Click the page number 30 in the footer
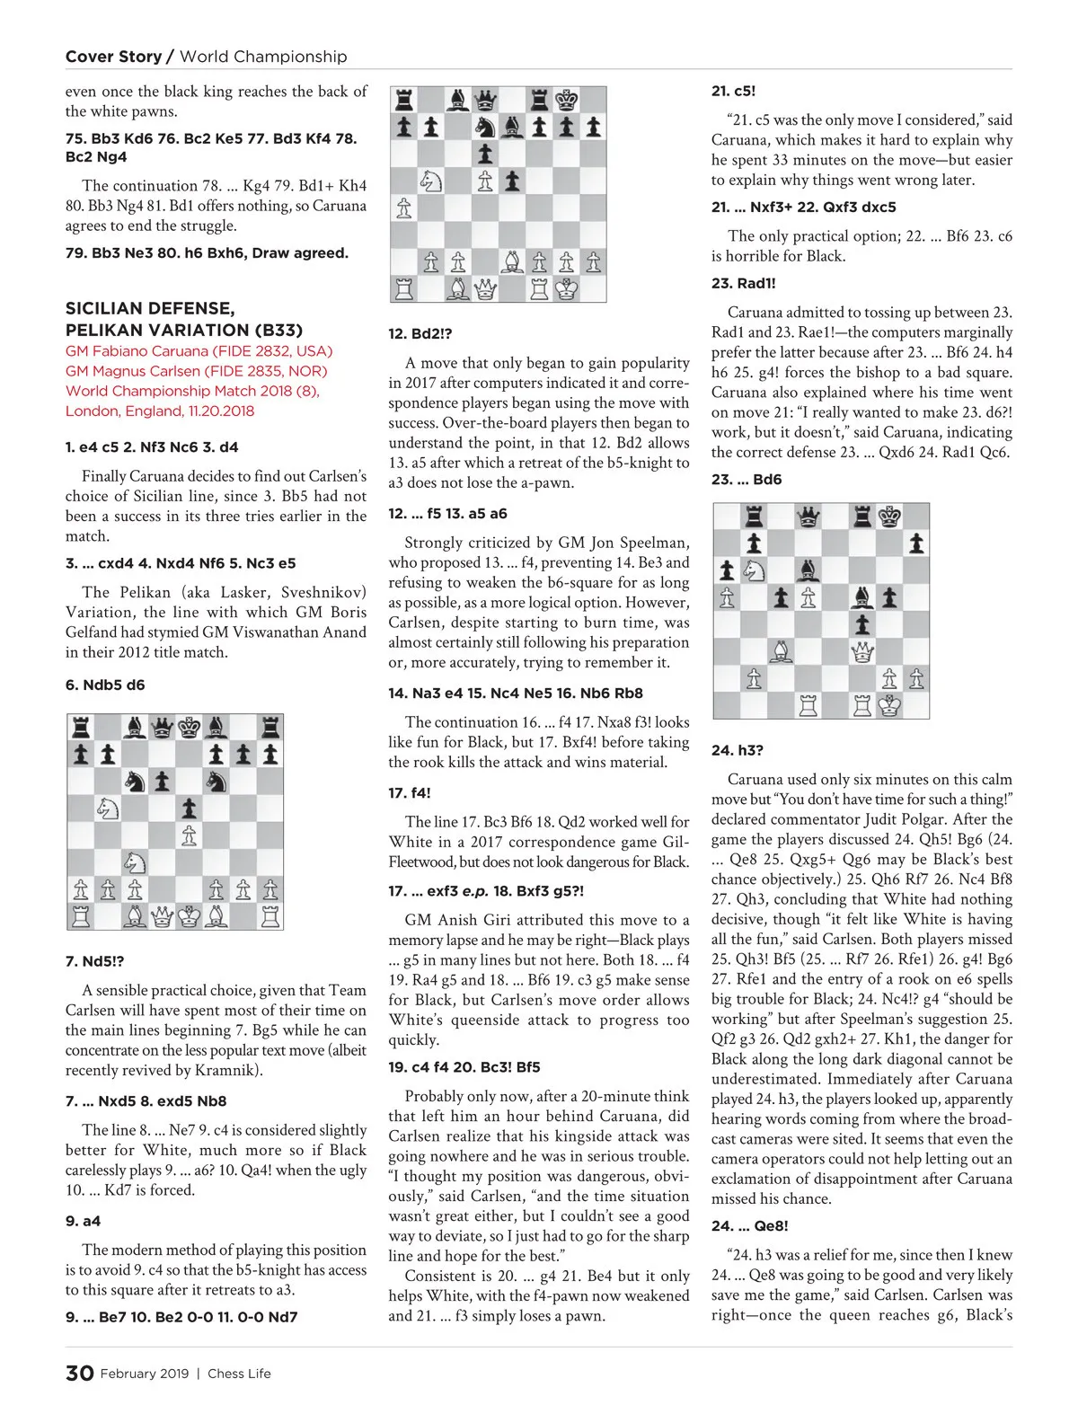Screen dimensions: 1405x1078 pos(79,1373)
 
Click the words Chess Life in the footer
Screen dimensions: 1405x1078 pos(239,1374)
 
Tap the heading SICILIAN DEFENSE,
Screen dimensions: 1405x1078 pos(150,308)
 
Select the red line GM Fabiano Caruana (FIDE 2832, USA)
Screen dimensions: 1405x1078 pos(199,351)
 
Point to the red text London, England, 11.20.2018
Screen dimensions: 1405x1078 pos(160,411)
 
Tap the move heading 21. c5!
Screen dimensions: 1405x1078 pos(733,91)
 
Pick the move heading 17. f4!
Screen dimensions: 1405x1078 pos(410,792)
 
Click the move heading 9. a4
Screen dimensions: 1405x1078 pos(83,1221)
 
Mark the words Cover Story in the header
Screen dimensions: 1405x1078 pos(113,57)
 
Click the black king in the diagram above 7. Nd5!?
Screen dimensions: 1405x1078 pos(189,727)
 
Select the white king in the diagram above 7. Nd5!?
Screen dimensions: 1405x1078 pos(189,916)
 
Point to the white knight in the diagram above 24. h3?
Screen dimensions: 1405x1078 pos(753,570)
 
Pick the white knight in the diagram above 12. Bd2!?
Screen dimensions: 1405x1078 pos(431,181)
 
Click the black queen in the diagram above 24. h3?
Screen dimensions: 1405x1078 pos(808,517)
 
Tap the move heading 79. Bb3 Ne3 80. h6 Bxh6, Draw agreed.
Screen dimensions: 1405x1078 pos(207,253)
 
